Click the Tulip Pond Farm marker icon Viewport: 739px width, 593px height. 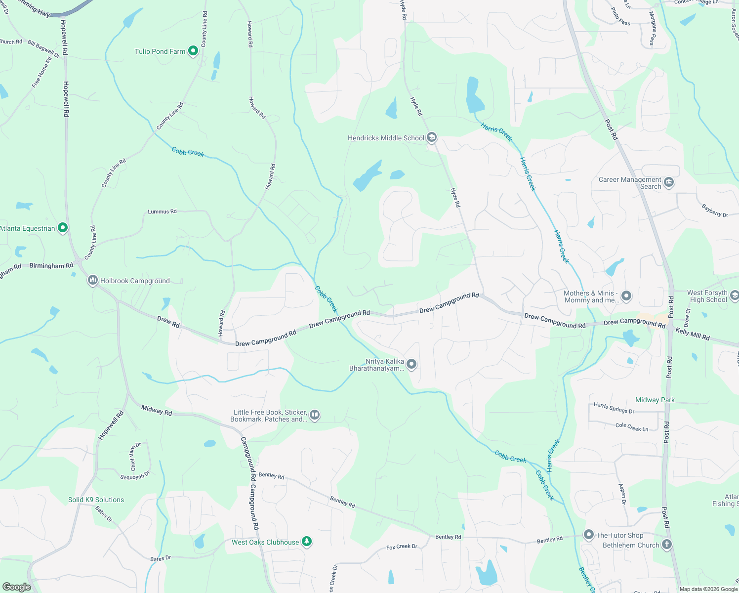[193, 51]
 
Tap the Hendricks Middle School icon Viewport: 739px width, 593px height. [432, 137]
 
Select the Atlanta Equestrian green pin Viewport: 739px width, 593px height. [62, 228]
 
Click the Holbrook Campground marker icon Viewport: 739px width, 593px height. [92, 281]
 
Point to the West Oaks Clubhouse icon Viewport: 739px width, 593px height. [307, 542]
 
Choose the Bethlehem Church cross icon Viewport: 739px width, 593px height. [666, 545]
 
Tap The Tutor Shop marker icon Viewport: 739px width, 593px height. [588, 535]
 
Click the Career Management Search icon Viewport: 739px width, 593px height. [669, 182]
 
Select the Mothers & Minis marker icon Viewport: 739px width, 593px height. [626, 296]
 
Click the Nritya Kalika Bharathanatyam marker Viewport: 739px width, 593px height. [411, 365]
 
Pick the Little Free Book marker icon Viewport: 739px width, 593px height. [315, 415]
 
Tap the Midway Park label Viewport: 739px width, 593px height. [655, 400]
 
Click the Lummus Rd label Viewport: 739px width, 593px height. [162, 212]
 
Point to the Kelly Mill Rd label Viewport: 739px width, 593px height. [693, 335]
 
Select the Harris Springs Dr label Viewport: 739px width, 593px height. [614, 408]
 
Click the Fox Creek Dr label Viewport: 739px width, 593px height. [402, 547]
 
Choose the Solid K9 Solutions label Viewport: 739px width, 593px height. [96, 500]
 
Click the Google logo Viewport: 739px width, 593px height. [17, 587]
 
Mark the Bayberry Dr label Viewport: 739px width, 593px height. [714, 211]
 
